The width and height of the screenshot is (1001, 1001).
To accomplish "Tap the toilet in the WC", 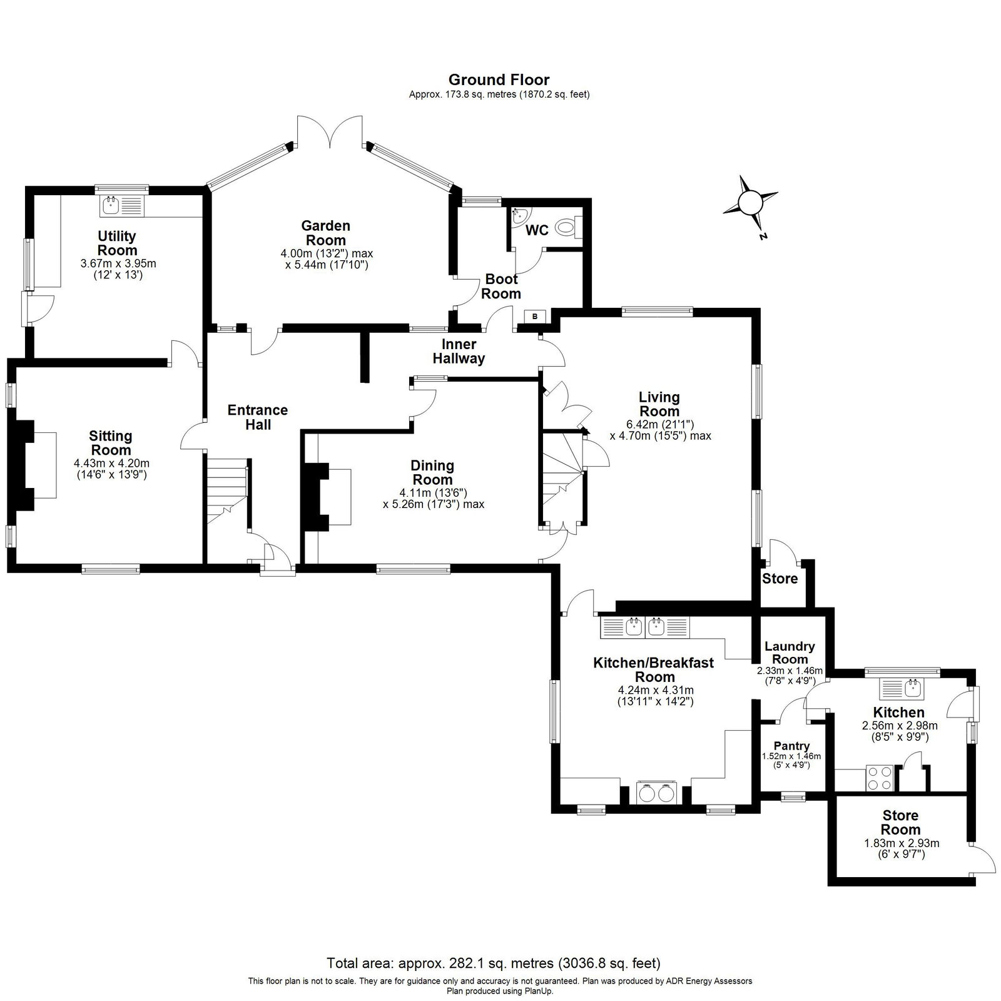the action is (569, 226).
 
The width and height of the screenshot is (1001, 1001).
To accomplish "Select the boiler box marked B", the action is (535, 317).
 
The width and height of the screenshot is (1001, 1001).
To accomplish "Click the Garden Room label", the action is (325, 233).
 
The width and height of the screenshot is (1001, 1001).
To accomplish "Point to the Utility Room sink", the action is (123, 205).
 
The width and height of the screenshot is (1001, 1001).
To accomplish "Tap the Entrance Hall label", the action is (258, 417).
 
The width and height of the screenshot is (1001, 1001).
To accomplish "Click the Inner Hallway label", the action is (463, 351).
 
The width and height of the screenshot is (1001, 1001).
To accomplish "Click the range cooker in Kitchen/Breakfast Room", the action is (656, 792).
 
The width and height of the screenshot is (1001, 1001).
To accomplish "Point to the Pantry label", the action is (791, 746).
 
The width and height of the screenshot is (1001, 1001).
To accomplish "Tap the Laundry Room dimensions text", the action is (790, 676).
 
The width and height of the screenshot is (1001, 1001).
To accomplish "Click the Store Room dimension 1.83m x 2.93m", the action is (902, 843).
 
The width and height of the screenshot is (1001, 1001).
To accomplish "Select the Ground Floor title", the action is (499, 79).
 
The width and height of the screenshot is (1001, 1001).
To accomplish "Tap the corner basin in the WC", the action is (519, 216).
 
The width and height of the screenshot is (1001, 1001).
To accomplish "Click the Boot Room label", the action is (502, 287).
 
